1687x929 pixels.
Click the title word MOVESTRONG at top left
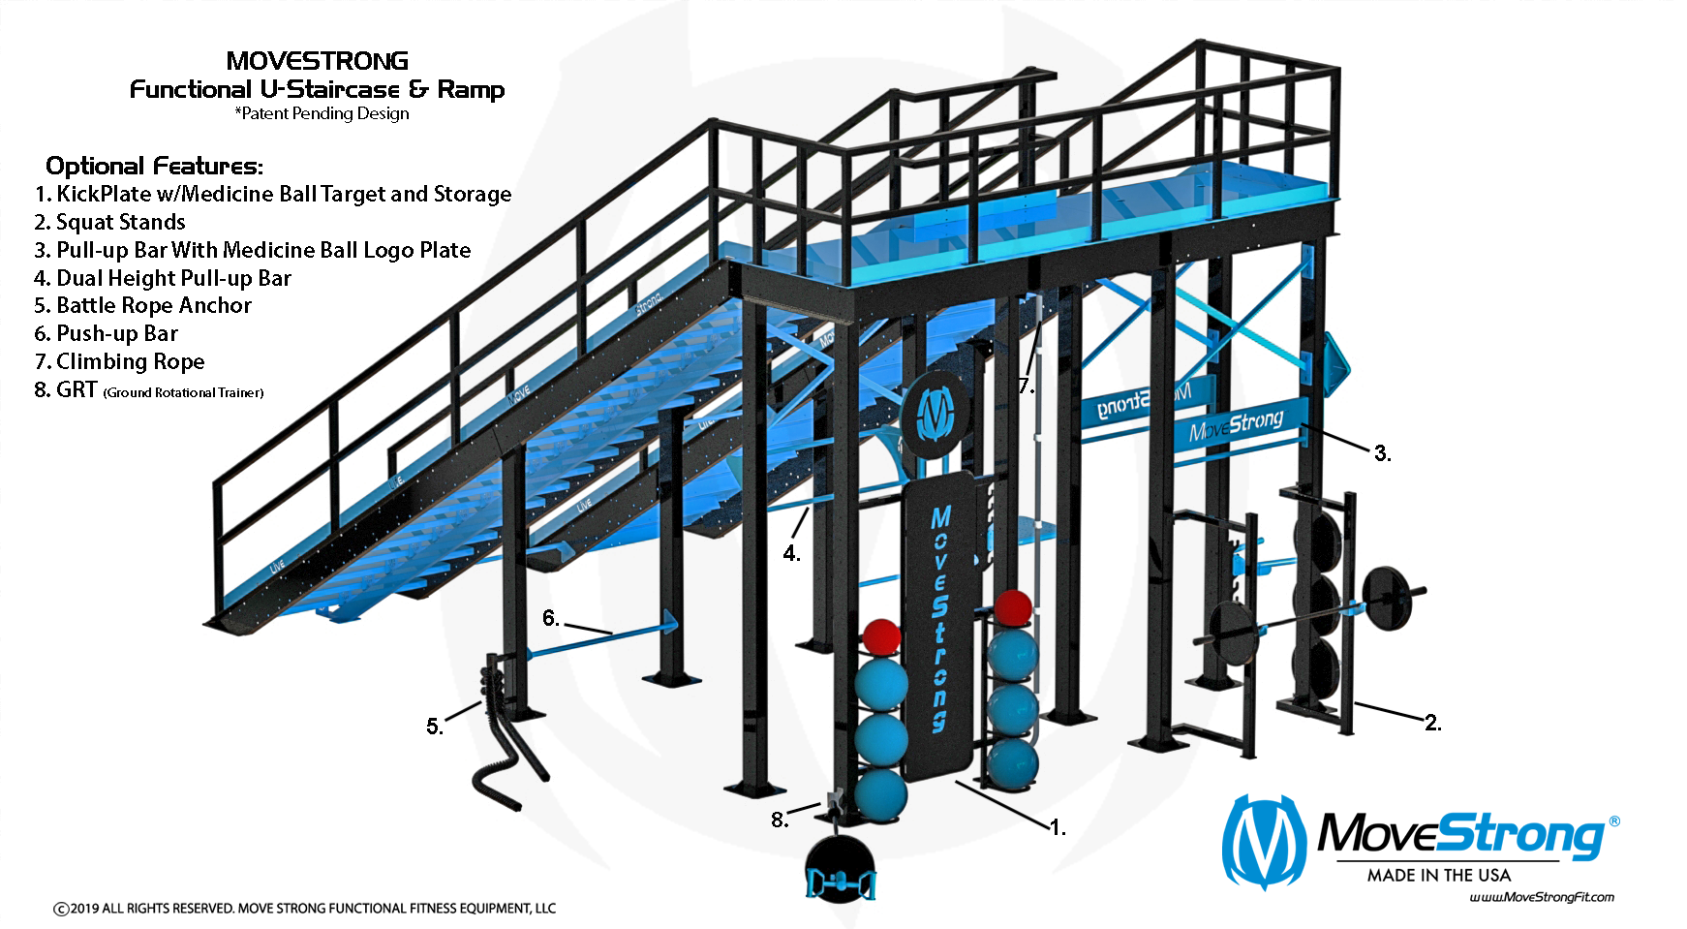(x=317, y=61)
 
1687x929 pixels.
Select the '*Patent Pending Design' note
(x=322, y=113)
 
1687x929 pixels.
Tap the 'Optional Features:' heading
(x=154, y=166)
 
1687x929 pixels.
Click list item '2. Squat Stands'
(x=109, y=222)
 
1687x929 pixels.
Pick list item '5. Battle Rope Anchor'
(x=142, y=305)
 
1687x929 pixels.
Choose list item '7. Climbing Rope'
(x=119, y=361)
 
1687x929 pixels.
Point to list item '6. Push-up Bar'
(x=106, y=333)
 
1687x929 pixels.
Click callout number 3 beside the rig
(x=1382, y=452)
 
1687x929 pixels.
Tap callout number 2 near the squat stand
(x=1432, y=723)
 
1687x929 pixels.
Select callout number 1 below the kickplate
(x=1058, y=827)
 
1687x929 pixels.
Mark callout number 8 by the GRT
(x=779, y=820)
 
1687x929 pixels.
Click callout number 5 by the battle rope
(x=435, y=726)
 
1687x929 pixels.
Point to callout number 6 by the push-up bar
(x=550, y=618)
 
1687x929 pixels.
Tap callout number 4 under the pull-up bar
(x=791, y=553)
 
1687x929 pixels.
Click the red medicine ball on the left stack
(x=881, y=637)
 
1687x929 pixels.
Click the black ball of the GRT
(x=840, y=862)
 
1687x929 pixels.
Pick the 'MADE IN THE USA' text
(x=1438, y=875)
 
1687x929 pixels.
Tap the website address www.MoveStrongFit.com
(x=1542, y=897)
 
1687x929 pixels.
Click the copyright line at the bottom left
(x=304, y=908)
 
